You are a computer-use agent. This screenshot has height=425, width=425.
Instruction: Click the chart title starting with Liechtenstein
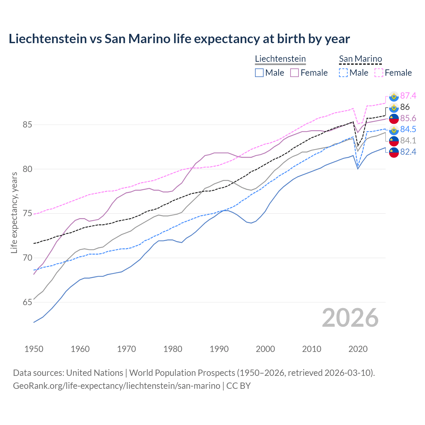179,39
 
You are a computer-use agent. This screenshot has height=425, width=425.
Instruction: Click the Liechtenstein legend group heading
280,59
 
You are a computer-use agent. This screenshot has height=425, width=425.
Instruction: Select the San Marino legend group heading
360,59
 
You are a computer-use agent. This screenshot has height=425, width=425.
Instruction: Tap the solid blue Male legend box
259,73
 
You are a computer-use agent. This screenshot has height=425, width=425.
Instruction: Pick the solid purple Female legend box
295,73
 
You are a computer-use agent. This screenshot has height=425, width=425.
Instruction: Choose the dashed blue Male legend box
343,73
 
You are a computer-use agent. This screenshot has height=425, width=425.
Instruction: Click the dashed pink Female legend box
379,73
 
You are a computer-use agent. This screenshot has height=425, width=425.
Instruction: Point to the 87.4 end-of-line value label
408,96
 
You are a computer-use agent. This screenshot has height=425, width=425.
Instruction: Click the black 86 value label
405,107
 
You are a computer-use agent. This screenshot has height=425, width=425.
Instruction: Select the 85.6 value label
408,119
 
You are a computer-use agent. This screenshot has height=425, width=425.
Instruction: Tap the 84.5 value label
408,129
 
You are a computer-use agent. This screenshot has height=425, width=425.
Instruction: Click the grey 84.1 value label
408,141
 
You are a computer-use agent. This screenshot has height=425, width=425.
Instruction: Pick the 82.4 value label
408,152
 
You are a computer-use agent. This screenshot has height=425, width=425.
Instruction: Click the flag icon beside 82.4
394,152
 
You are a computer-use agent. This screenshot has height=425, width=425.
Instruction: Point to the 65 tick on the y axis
28,302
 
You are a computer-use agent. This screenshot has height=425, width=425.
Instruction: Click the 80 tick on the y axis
28,169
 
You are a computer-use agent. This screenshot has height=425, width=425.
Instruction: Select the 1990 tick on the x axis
219,349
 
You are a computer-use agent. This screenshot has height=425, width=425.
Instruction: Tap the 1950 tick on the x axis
34,349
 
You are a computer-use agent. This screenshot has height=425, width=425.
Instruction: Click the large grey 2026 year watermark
350,318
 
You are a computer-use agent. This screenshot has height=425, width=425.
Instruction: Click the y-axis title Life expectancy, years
14,212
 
